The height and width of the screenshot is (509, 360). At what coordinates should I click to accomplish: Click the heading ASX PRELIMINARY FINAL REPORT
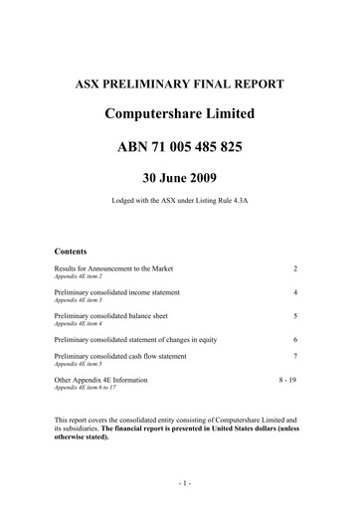pos(179,84)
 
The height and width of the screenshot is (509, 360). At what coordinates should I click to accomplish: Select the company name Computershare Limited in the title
pos(179,115)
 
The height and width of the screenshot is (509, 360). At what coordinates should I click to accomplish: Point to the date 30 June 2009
pos(179,181)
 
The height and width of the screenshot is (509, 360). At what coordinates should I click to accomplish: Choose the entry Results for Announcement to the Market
pos(120,269)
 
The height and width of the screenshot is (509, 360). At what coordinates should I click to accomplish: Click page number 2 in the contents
pos(295,269)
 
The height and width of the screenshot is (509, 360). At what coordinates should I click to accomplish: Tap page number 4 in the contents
pos(295,293)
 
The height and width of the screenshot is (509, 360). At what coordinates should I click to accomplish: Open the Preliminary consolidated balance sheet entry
pos(117,316)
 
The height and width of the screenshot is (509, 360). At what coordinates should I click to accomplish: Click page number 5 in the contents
pos(295,316)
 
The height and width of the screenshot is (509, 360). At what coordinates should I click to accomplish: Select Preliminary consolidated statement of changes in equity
pos(144,340)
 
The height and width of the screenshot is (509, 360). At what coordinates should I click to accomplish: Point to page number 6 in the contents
pos(295,340)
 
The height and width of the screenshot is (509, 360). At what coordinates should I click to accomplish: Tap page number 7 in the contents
pos(295,356)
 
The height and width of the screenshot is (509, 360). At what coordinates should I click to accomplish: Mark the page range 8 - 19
pos(287,379)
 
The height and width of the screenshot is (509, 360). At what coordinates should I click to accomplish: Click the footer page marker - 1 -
pos(179,483)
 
